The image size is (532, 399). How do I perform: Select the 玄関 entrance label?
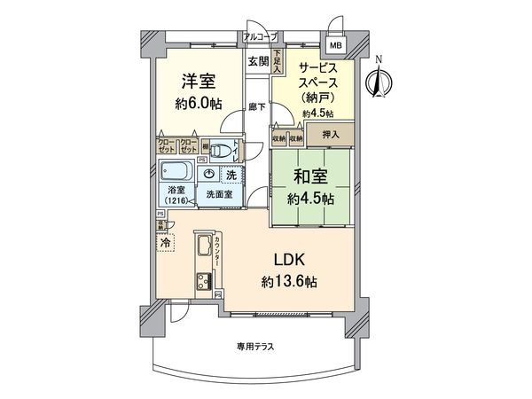[x=258, y=61]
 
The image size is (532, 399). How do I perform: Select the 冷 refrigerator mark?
[x=166, y=240]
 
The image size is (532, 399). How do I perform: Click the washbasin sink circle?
[x=208, y=174]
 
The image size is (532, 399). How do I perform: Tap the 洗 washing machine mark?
[x=231, y=175]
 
